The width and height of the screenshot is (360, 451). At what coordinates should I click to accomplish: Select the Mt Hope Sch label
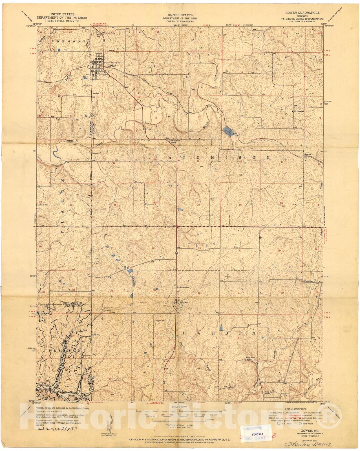coord(300,111)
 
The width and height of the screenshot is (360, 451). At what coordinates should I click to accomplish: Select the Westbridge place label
coord(308,281)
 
